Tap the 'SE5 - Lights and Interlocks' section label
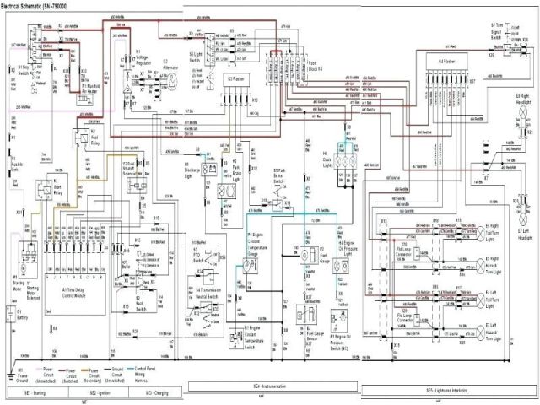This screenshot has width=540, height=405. [447, 393]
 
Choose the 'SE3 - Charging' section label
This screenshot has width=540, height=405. [159, 393]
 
